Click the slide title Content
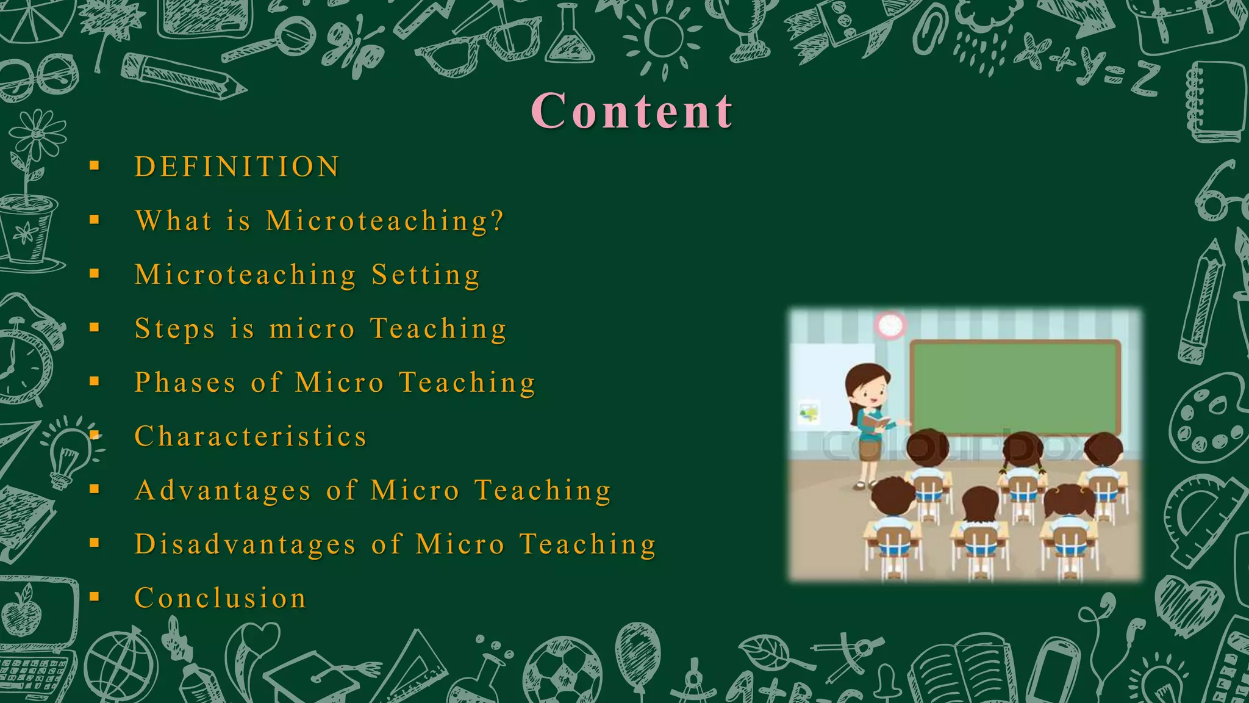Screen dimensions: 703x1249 point(632,111)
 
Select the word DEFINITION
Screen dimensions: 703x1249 point(237,167)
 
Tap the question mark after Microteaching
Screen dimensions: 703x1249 point(497,220)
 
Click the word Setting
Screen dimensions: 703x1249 point(426,275)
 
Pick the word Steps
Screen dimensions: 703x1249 point(174,329)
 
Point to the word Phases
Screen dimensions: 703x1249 point(185,383)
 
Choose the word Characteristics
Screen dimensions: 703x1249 point(251,436)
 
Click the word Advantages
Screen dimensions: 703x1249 point(223,491)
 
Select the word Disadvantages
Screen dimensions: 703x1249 point(245,544)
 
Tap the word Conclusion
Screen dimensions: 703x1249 point(220,598)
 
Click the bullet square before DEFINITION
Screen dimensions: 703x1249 point(94,165)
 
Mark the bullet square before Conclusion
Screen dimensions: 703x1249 point(94,596)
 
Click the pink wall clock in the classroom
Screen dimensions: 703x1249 point(890,325)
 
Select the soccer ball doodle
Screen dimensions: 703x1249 point(562,671)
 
